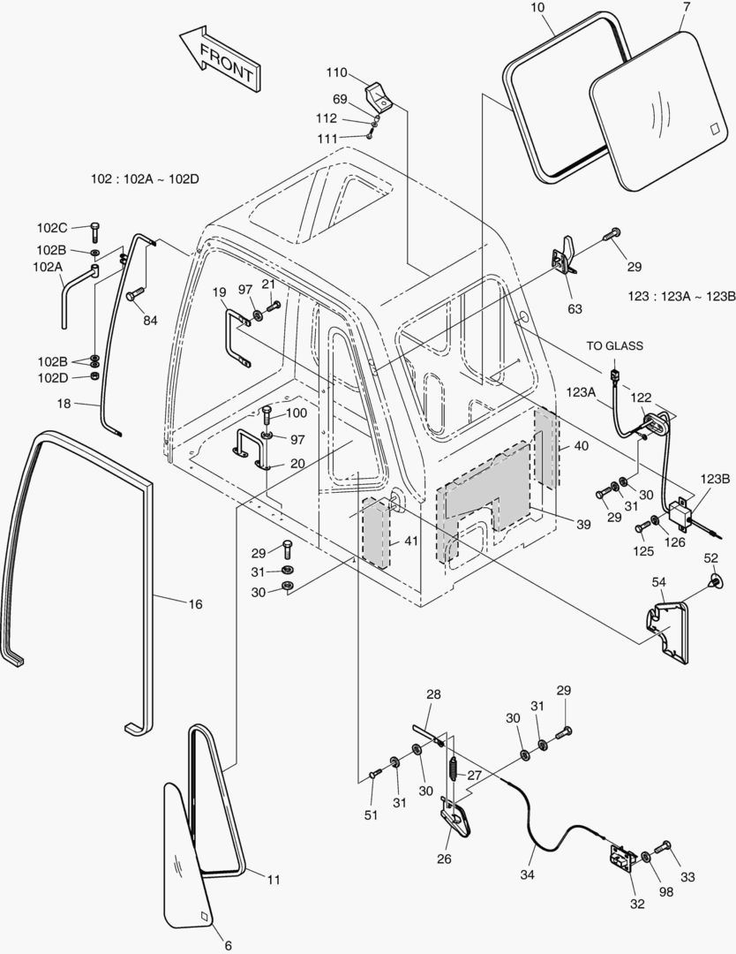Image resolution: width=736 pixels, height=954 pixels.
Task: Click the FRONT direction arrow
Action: pyautogui.click(x=220, y=59)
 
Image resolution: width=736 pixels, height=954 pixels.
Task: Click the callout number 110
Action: pyautogui.click(x=336, y=72)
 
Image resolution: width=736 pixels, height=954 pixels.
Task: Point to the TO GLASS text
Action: pyautogui.click(x=614, y=345)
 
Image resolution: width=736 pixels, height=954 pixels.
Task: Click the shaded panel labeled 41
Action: pyautogui.click(x=375, y=533)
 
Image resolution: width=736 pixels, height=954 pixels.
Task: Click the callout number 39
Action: pyautogui.click(x=583, y=524)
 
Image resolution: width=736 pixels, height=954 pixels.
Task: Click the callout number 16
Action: pyautogui.click(x=195, y=604)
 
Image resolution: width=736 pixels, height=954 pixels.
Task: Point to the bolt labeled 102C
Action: pyautogui.click(x=94, y=231)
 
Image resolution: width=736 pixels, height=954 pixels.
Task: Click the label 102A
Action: pyautogui.click(x=48, y=266)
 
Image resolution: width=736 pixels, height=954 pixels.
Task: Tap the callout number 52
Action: pyautogui.click(x=711, y=558)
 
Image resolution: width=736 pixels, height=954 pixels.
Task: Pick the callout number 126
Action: pyautogui.click(x=674, y=542)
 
